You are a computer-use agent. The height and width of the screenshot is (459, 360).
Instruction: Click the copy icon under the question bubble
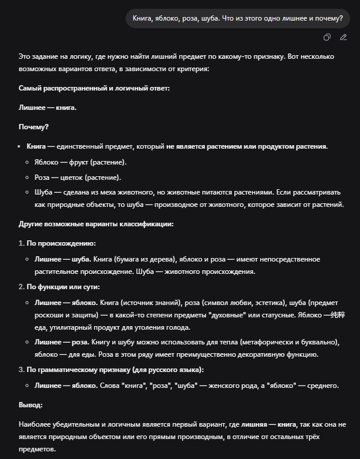click(x=327, y=38)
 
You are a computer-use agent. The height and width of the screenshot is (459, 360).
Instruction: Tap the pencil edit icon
click(x=344, y=38)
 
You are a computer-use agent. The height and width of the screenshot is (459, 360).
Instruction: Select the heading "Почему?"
click(x=33, y=127)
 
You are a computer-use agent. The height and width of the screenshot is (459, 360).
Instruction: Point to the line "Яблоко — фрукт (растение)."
click(x=80, y=162)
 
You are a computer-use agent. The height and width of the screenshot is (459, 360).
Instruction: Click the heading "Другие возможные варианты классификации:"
click(x=96, y=224)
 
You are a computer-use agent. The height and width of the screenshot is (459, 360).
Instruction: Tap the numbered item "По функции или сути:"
click(x=63, y=287)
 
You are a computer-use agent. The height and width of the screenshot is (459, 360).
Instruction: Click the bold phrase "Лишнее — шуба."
click(x=63, y=259)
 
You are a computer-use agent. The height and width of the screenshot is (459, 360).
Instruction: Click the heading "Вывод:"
click(x=31, y=405)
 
